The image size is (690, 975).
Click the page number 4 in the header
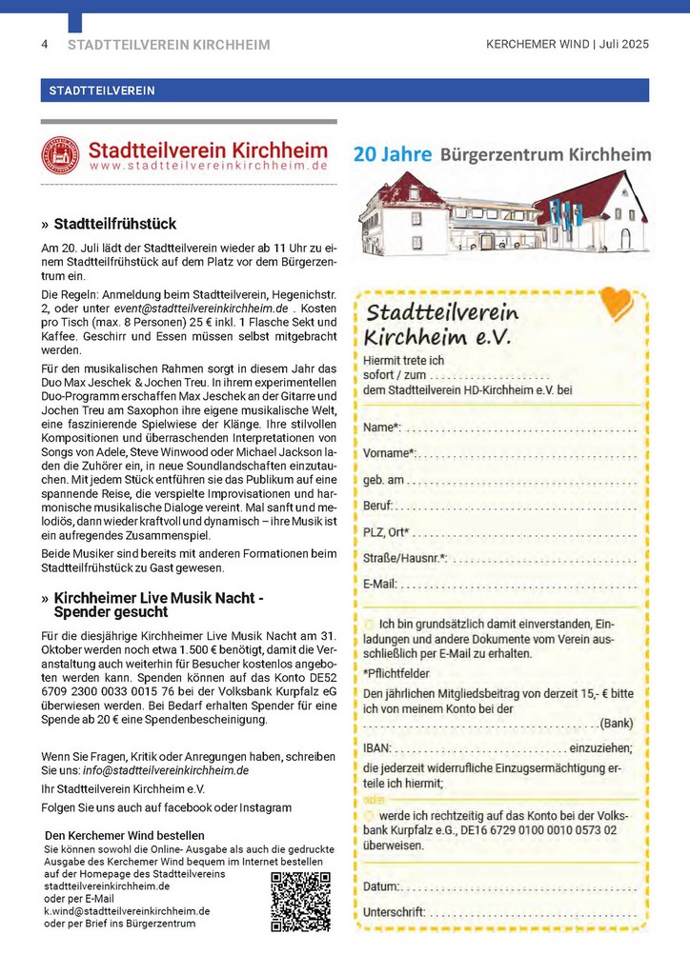[44, 45]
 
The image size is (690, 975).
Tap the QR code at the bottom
[300, 901]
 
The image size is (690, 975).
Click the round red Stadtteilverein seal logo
[60, 155]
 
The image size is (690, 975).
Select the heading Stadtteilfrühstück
[114, 225]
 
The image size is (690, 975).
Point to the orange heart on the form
[618, 304]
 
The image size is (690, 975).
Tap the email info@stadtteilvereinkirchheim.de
[166, 770]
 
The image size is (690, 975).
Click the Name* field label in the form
[382, 428]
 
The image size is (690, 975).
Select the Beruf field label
[378, 505]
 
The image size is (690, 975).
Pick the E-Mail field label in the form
[380, 583]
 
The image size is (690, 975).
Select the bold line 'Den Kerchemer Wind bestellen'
[125, 835]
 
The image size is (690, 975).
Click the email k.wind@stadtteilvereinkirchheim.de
[127, 910]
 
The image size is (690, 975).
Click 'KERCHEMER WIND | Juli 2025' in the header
[567, 45]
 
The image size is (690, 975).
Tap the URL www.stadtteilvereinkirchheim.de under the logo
[208, 166]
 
